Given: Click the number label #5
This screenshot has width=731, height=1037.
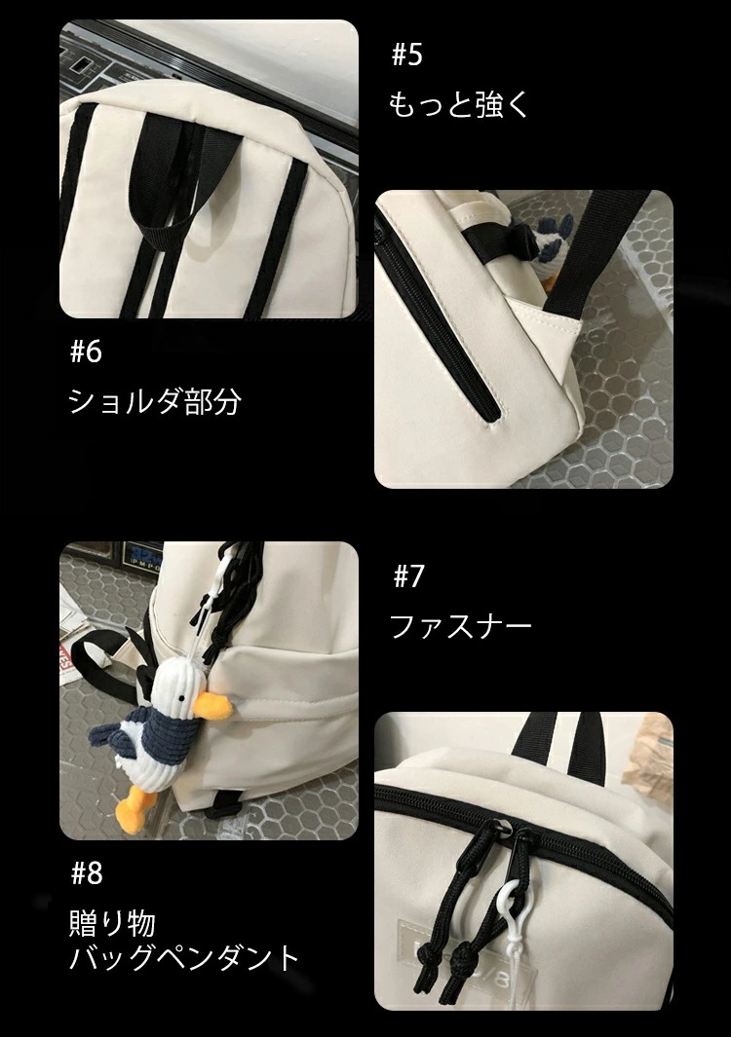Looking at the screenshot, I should pyautogui.click(x=406, y=55).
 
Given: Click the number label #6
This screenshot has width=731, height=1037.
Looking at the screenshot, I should pyautogui.click(x=86, y=352).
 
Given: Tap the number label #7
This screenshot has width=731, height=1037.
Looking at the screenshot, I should pyautogui.click(x=408, y=576).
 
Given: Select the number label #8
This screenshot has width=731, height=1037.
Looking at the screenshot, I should pyautogui.click(x=86, y=872).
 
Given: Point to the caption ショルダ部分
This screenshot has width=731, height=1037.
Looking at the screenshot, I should pyautogui.click(x=154, y=401).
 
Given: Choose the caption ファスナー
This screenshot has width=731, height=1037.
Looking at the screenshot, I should pyautogui.click(x=461, y=626).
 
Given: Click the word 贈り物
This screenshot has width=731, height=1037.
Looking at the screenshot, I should pyautogui.click(x=113, y=922).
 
